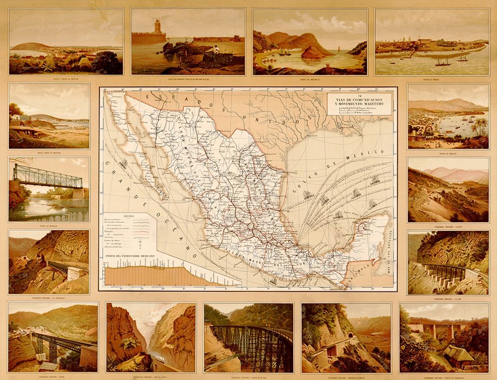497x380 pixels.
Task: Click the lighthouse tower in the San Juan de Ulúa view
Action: (158, 26)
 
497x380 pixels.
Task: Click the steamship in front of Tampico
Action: (443, 63)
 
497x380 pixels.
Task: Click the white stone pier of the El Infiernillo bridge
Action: (77, 273)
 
